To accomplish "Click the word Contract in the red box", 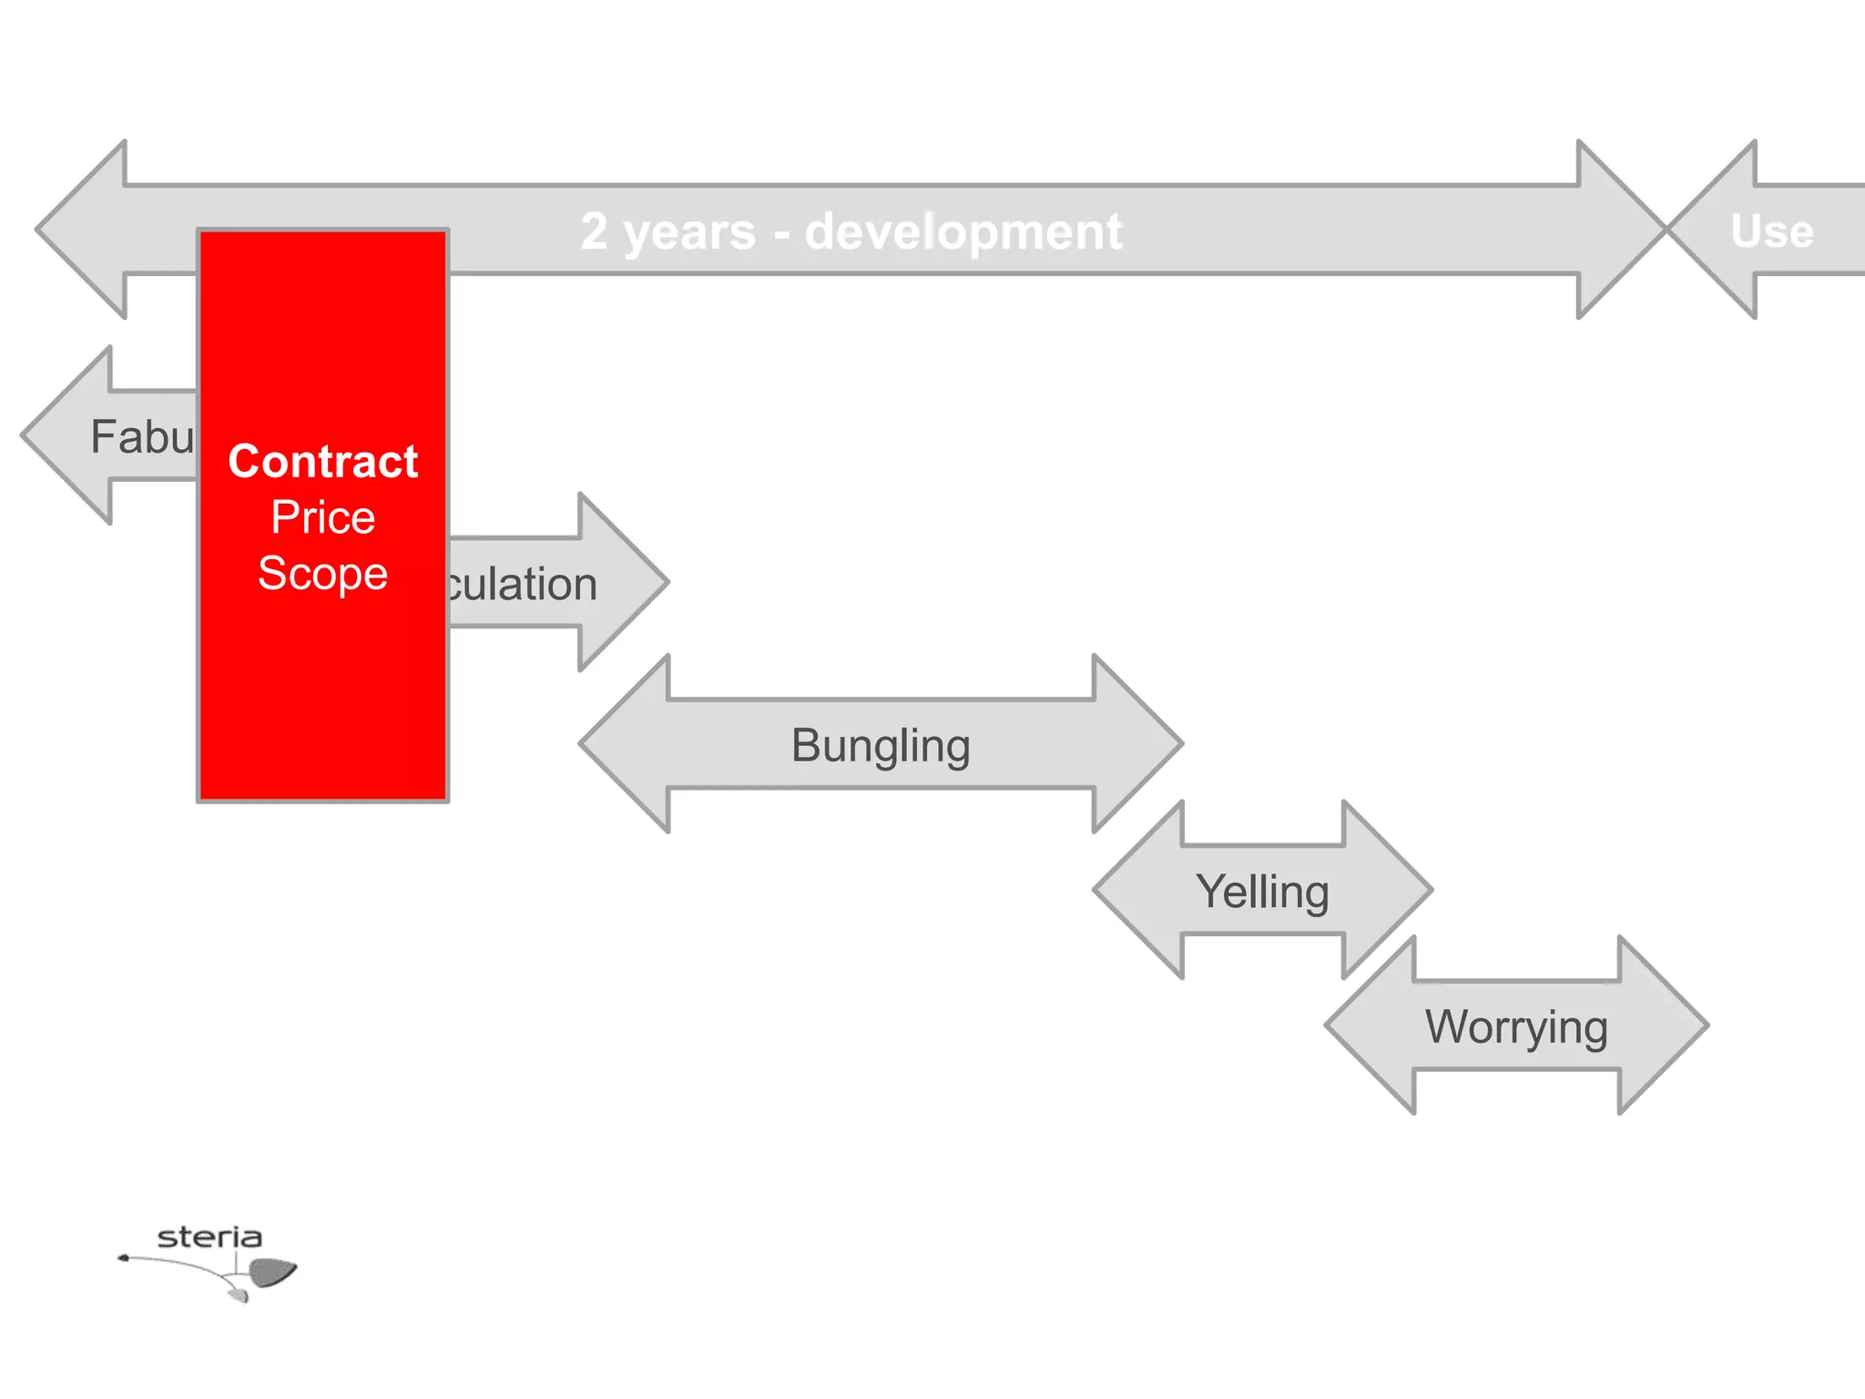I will pyautogui.click(x=323, y=461).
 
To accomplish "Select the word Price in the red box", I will pyautogui.click(x=323, y=517).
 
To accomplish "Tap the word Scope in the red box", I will pyautogui.click(x=323, y=574).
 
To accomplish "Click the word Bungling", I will pyautogui.click(x=881, y=745).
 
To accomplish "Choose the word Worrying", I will pyautogui.click(x=1516, y=1026).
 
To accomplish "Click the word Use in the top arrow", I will pyautogui.click(x=1772, y=230).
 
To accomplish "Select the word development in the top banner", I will pyautogui.click(x=963, y=230).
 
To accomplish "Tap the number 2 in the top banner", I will pyautogui.click(x=594, y=230).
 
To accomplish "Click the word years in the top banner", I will pyautogui.click(x=689, y=232).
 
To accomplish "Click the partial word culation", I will pyautogui.click(x=522, y=584).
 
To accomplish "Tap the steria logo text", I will pyautogui.click(x=209, y=1237).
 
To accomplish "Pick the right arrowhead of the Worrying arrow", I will pyautogui.click(x=1663, y=1026).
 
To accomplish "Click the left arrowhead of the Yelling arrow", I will pyautogui.click(x=1138, y=890).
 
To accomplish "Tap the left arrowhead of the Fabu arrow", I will pyautogui.click(x=68, y=435).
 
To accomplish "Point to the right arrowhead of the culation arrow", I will pyautogui.click(x=624, y=582).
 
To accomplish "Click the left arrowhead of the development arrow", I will pyautogui.click(x=82, y=230).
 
